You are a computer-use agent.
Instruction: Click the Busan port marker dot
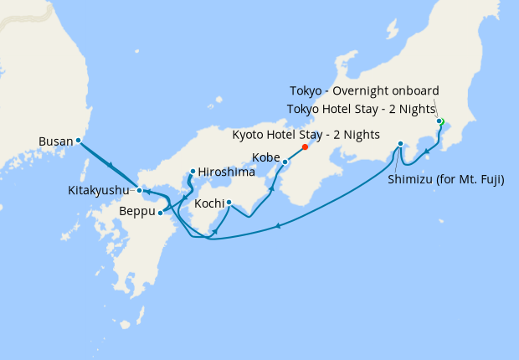click(x=78, y=141)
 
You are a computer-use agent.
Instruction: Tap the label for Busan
click(x=56, y=141)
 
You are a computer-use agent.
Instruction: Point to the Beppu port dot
click(x=160, y=213)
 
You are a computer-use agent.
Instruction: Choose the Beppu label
click(x=137, y=213)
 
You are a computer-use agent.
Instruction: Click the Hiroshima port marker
click(x=193, y=172)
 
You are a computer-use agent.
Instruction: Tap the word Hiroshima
click(x=226, y=172)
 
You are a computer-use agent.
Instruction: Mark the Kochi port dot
click(x=229, y=201)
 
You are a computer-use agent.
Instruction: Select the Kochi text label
click(x=208, y=203)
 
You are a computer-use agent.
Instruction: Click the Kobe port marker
click(x=285, y=162)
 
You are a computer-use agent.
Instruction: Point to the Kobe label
click(x=266, y=157)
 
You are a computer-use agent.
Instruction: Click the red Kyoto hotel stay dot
click(x=305, y=147)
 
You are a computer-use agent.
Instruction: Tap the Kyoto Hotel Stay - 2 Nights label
click(x=306, y=134)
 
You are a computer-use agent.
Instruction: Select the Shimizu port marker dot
click(x=401, y=143)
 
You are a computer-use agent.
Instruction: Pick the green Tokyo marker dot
click(x=439, y=121)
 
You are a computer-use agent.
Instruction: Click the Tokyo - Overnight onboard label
click(x=364, y=90)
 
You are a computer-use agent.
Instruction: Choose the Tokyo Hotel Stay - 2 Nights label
click(x=361, y=109)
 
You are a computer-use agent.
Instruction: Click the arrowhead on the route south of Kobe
click(x=274, y=182)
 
